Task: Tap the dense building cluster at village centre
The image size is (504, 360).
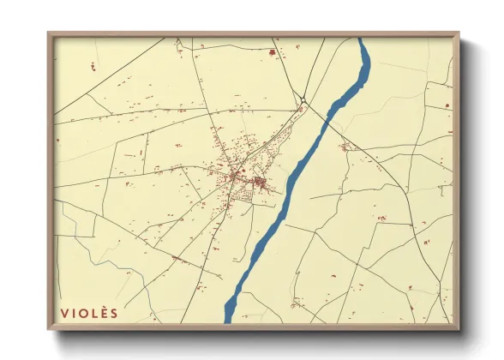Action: pyautogui.click(x=257, y=181)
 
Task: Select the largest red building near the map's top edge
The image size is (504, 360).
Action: pyautogui.click(x=273, y=53)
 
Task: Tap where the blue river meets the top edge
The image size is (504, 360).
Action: pyautogui.click(x=363, y=39)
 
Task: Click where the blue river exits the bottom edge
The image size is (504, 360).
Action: pyautogui.click(x=230, y=321)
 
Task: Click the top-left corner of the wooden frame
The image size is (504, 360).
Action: pyautogui.click(x=49, y=33)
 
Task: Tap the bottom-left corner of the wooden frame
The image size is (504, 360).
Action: pyautogui.click(x=49, y=329)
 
